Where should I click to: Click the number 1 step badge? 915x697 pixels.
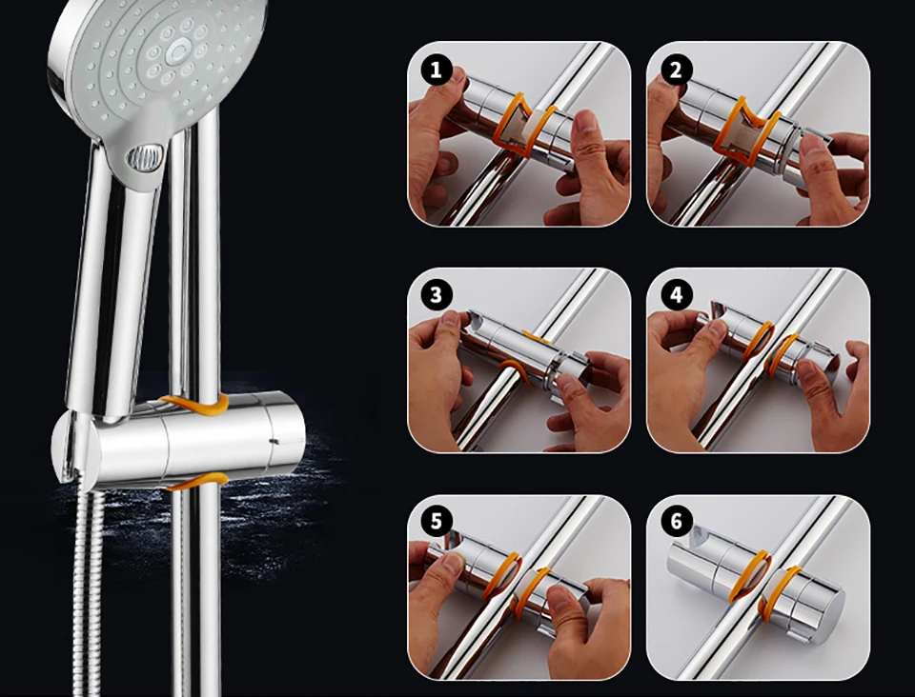pos(436,70)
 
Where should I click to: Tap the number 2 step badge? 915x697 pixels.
pos(676,70)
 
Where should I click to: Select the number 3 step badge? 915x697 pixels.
pos(436,295)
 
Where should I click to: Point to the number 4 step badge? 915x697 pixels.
pos(676,295)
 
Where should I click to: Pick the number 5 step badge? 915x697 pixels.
pos(436,521)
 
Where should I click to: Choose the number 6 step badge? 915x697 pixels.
pos(676,521)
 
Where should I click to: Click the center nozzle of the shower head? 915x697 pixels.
pos(177,52)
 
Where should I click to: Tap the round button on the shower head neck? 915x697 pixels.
pos(145,158)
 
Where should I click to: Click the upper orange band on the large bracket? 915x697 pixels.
pos(195,404)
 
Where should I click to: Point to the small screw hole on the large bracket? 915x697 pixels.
pos(274,441)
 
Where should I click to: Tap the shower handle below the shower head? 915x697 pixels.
pos(102,280)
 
